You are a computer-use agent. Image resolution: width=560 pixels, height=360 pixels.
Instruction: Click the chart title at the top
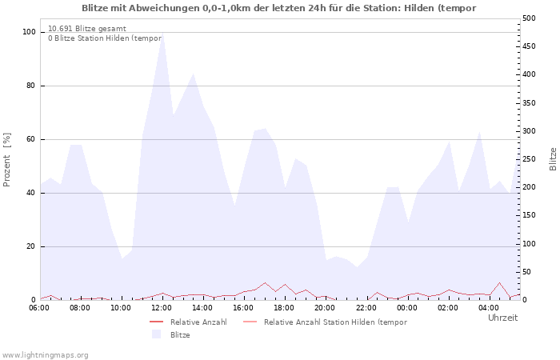point(278,8)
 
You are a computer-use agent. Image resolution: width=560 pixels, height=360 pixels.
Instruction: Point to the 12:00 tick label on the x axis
point(162,308)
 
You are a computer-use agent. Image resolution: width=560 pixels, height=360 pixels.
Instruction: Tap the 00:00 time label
point(406,308)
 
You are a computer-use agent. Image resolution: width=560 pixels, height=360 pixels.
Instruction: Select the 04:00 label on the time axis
point(488,308)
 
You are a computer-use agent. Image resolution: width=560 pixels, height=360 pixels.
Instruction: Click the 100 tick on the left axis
point(29,32)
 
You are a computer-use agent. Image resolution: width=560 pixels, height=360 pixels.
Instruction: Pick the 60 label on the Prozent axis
point(30,139)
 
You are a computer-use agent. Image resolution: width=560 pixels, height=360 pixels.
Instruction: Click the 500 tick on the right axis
point(529,18)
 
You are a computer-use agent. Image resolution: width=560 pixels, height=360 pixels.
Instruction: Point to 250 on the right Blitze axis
point(529,159)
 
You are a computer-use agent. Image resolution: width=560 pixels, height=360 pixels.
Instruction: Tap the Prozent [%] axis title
point(6,160)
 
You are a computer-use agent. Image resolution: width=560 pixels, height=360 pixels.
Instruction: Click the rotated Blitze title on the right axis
point(553,159)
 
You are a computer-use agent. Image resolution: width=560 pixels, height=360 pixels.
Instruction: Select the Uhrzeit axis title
point(503,318)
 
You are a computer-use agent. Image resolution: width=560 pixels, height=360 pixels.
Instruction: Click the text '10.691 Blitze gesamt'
point(87,29)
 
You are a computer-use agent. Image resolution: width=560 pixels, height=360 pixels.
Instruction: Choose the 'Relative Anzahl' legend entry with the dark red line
point(188,322)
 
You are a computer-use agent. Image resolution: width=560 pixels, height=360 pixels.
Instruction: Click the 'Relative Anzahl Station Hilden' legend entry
point(325,322)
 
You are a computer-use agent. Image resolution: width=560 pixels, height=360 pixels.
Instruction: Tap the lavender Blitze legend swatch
point(156,334)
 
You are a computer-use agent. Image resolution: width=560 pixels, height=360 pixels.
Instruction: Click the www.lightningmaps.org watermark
point(45,355)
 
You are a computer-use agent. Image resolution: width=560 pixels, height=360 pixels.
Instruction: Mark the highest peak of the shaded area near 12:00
point(162,33)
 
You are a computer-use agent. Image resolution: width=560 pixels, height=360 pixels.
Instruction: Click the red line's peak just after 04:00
point(499,283)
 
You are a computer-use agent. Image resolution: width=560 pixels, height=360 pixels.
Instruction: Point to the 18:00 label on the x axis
point(284,308)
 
